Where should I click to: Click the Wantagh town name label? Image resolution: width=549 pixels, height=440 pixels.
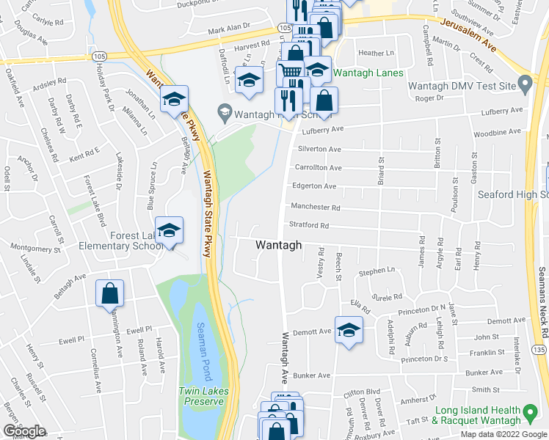point(278,246)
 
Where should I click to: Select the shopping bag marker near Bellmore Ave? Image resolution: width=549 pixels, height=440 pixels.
point(109,294)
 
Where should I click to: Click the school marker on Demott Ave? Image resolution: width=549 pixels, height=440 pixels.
point(349,329)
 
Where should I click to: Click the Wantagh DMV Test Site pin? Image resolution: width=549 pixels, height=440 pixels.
point(524,86)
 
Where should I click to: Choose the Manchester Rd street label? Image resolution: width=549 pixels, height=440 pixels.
point(316,208)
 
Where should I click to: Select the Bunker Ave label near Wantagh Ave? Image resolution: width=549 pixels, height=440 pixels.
point(312,375)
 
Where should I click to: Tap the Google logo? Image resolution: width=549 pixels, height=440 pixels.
point(24,431)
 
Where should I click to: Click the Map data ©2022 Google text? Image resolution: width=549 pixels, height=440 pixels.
point(503,434)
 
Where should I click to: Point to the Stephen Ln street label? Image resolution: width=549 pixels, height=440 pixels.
point(377,272)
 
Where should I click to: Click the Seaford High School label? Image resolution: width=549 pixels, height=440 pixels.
point(513,195)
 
